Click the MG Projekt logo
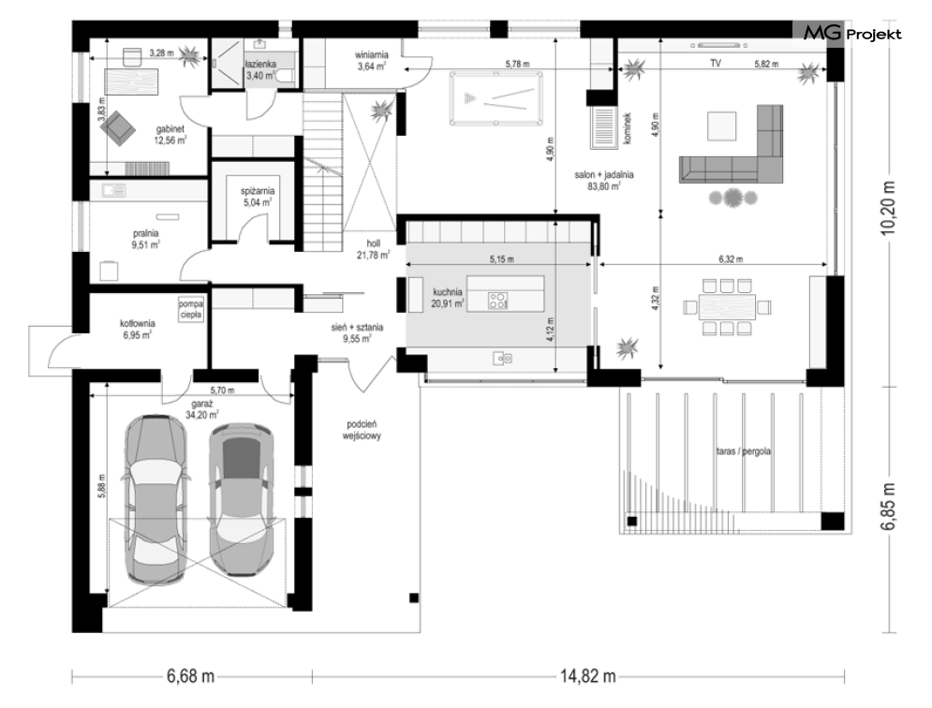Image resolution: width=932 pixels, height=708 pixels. pyautogui.click(x=851, y=34)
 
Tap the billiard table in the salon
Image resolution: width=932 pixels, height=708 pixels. pyautogui.click(x=496, y=98)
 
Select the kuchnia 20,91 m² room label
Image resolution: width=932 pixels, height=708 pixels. pyautogui.click(x=448, y=298)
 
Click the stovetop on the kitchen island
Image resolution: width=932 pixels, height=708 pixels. pyautogui.click(x=497, y=301)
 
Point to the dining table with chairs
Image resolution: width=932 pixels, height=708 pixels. pyautogui.click(x=727, y=307)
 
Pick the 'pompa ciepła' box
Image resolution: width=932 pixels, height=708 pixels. pyautogui.click(x=191, y=310)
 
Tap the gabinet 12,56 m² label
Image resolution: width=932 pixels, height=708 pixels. pyautogui.click(x=170, y=135)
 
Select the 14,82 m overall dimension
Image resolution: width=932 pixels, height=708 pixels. pyautogui.click(x=588, y=676)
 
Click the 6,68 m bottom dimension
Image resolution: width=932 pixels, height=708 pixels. pyautogui.click(x=190, y=676)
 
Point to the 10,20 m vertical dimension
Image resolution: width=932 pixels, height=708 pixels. pyautogui.click(x=888, y=208)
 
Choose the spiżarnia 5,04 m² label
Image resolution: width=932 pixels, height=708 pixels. pyautogui.click(x=258, y=197)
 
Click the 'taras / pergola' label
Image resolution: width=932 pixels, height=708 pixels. pyautogui.click(x=743, y=451)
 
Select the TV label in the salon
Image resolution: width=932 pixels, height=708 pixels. pyautogui.click(x=716, y=63)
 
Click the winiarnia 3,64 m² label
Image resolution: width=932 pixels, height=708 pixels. pyautogui.click(x=372, y=61)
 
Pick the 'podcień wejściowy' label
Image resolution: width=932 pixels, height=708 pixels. pyautogui.click(x=362, y=430)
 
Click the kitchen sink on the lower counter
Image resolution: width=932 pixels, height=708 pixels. pyautogui.click(x=502, y=359)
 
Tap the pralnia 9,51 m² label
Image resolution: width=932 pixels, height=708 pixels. pyautogui.click(x=145, y=239)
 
